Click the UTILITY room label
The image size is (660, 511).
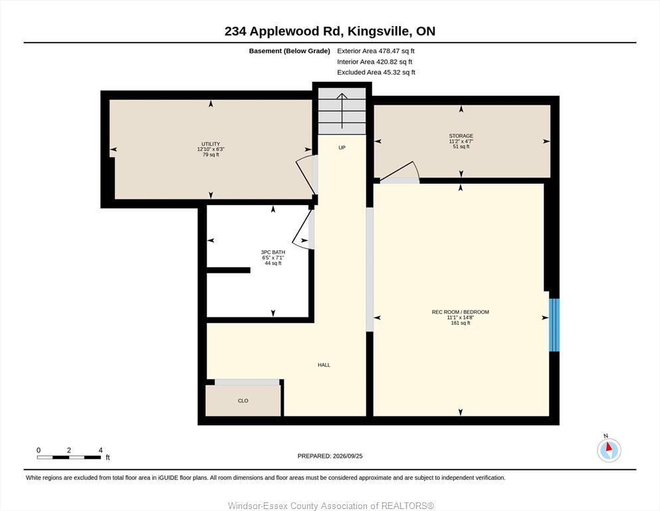click(211, 144)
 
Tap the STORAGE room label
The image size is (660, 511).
click(461, 136)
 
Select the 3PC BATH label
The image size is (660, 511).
click(273, 252)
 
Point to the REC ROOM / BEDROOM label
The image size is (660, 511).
click(461, 312)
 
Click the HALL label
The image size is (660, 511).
click(324, 365)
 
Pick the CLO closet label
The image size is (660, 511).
click(243, 401)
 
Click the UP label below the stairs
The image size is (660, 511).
click(342, 148)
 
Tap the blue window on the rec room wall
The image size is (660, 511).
click(554, 325)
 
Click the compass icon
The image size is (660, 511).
click(609, 450)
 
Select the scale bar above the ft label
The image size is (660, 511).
click(69, 457)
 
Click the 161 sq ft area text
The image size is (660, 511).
click(461, 323)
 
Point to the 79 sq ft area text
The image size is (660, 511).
click(211, 154)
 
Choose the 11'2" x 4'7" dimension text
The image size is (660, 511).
click(461, 141)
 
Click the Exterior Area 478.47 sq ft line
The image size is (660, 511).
click(376, 51)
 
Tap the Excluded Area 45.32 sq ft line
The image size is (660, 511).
click(376, 73)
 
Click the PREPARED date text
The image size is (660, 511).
click(330, 456)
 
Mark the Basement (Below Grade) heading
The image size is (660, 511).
click(290, 51)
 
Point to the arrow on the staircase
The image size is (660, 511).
click(342, 111)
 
